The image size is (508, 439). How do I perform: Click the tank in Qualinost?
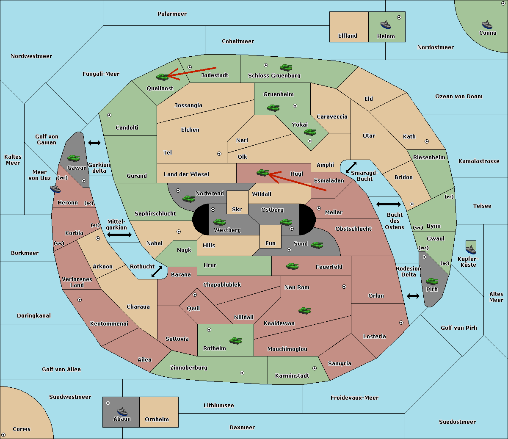(x=163, y=77)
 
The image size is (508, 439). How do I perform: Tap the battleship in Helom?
(x=386, y=25)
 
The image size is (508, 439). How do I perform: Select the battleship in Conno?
(x=487, y=25)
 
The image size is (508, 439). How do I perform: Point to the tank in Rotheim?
(x=236, y=341)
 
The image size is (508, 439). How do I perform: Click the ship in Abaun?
(x=122, y=411)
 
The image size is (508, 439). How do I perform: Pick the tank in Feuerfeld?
(x=293, y=266)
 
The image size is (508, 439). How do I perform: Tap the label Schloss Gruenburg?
(x=274, y=75)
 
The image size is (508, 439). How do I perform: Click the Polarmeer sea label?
(x=172, y=14)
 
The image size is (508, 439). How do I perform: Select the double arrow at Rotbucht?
(x=157, y=271)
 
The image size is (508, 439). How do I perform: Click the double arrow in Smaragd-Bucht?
(x=351, y=167)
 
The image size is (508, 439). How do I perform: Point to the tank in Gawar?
(x=74, y=158)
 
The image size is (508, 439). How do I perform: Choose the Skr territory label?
(x=237, y=209)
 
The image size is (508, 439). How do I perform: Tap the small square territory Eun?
(x=271, y=237)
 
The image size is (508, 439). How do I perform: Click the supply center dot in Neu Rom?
(x=344, y=287)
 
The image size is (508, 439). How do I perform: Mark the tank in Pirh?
(x=432, y=281)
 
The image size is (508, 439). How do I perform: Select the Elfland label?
(x=348, y=36)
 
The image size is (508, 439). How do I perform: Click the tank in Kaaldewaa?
(x=305, y=311)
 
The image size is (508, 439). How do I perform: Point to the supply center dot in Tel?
(x=219, y=154)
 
